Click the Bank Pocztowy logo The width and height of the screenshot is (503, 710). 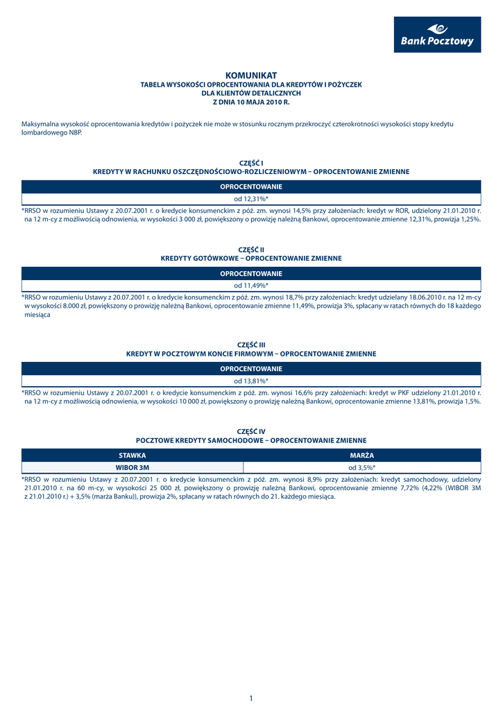(437, 35)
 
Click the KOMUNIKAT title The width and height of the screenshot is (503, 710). (251, 75)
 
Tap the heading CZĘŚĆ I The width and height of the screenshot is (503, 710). (251, 162)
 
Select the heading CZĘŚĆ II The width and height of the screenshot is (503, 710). (251, 249)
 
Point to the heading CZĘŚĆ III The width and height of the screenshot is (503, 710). (251, 345)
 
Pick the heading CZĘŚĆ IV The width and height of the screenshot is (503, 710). (251, 431)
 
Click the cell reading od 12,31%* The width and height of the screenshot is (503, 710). (251, 199)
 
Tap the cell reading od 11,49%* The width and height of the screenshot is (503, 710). (251, 286)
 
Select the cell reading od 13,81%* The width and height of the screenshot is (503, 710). (251, 381)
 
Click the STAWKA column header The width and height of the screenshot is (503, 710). (132, 456)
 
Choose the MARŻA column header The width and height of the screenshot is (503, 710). (361, 456)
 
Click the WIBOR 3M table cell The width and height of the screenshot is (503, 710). (132, 468)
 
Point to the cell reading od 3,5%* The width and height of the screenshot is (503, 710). (361, 468)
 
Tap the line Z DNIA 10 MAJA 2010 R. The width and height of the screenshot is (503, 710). (251, 102)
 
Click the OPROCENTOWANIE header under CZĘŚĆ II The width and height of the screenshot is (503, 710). (251, 273)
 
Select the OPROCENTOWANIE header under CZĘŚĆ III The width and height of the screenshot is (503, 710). (251, 369)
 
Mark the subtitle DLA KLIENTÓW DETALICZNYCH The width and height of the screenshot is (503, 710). (251, 93)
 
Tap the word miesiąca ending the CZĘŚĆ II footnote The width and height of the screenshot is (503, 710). (37, 314)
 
